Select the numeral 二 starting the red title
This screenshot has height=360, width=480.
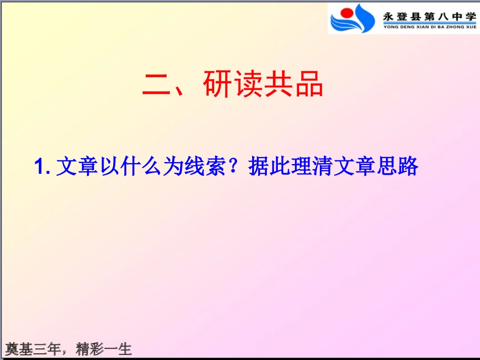[157, 85]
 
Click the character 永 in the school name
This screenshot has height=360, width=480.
[388, 15]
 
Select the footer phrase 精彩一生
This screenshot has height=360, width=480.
[104, 349]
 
